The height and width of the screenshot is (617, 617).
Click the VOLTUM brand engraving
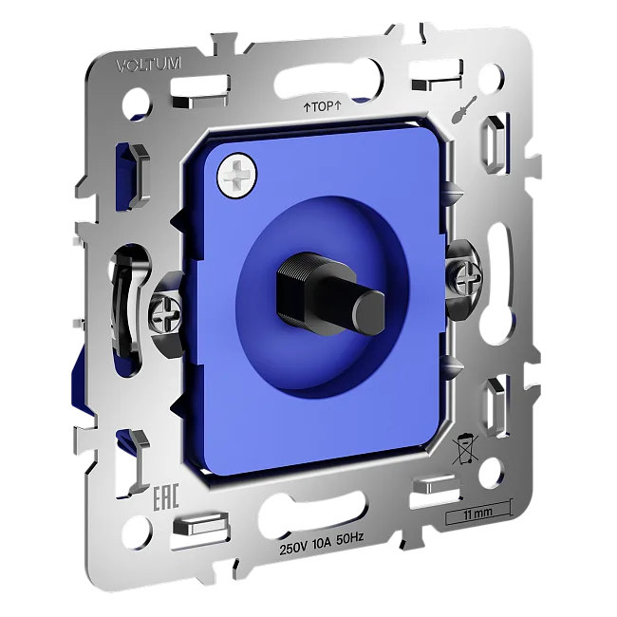click(x=149, y=65)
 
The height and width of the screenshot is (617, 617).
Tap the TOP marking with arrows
click(x=322, y=106)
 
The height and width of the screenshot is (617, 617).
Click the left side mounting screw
click(x=166, y=314)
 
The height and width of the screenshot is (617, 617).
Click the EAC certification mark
click(x=165, y=496)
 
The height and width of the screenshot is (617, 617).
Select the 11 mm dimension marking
click(x=477, y=514)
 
